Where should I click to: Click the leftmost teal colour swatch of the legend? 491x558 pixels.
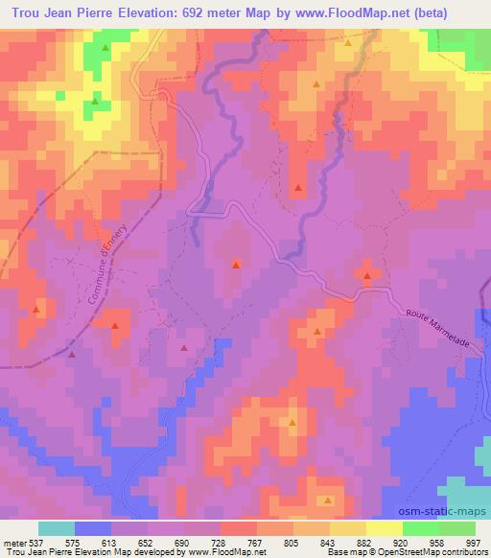click(57, 528)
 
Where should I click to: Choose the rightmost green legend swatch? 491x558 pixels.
click(457, 528)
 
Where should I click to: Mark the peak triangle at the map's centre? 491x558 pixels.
click(237, 264)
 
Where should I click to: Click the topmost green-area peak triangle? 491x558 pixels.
click(105, 47)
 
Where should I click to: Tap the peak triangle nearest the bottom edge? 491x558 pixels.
click(328, 500)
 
